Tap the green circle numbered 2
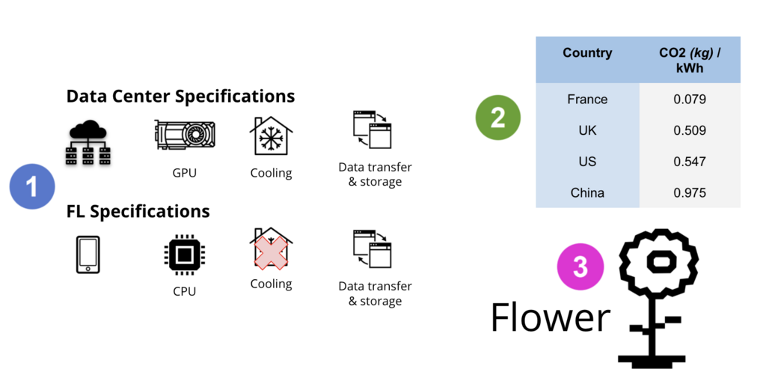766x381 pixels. tap(498, 118)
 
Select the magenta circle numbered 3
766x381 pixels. tap(580, 267)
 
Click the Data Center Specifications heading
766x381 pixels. tap(180, 97)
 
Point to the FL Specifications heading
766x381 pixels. tap(138, 211)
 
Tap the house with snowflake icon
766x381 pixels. tap(270, 136)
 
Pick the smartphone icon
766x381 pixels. tap(88, 254)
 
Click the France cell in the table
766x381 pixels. tap(587, 100)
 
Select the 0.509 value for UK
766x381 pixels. tap(689, 131)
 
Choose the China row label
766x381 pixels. tap(587, 193)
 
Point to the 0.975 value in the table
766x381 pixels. tap(689, 193)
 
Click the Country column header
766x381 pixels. tap(587, 53)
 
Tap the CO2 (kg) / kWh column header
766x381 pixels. tap(689, 60)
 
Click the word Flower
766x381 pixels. tap(551, 317)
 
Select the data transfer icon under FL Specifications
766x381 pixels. tap(372, 249)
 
